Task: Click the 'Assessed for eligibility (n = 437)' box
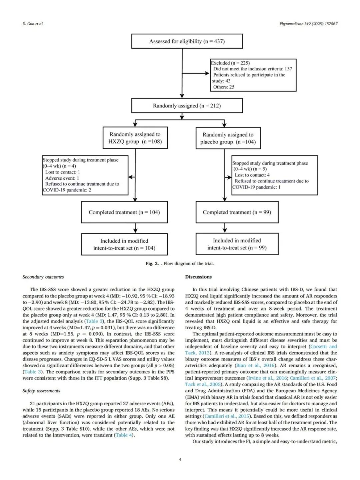coord(187,41)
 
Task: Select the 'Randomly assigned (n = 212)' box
coord(187,106)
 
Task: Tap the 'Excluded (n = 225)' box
coord(253,75)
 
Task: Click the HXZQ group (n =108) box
coord(135,138)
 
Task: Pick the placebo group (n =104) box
coord(228,138)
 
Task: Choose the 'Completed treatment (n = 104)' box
coord(124,212)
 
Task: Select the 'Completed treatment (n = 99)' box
coord(237,212)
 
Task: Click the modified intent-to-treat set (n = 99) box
coord(237,244)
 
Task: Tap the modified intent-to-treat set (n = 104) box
coord(124,244)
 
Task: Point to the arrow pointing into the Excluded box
coord(207,73)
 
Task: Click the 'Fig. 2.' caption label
coord(152,264)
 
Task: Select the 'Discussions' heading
coord(198,277)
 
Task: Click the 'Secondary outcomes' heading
coord(43,277)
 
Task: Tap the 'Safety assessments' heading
coord(41,391)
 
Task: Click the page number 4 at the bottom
coord(180,460)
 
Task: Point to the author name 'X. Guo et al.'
coord(33,24)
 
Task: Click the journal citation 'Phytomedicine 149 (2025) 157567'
coord(308,24)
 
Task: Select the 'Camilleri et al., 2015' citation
coord(227,416)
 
